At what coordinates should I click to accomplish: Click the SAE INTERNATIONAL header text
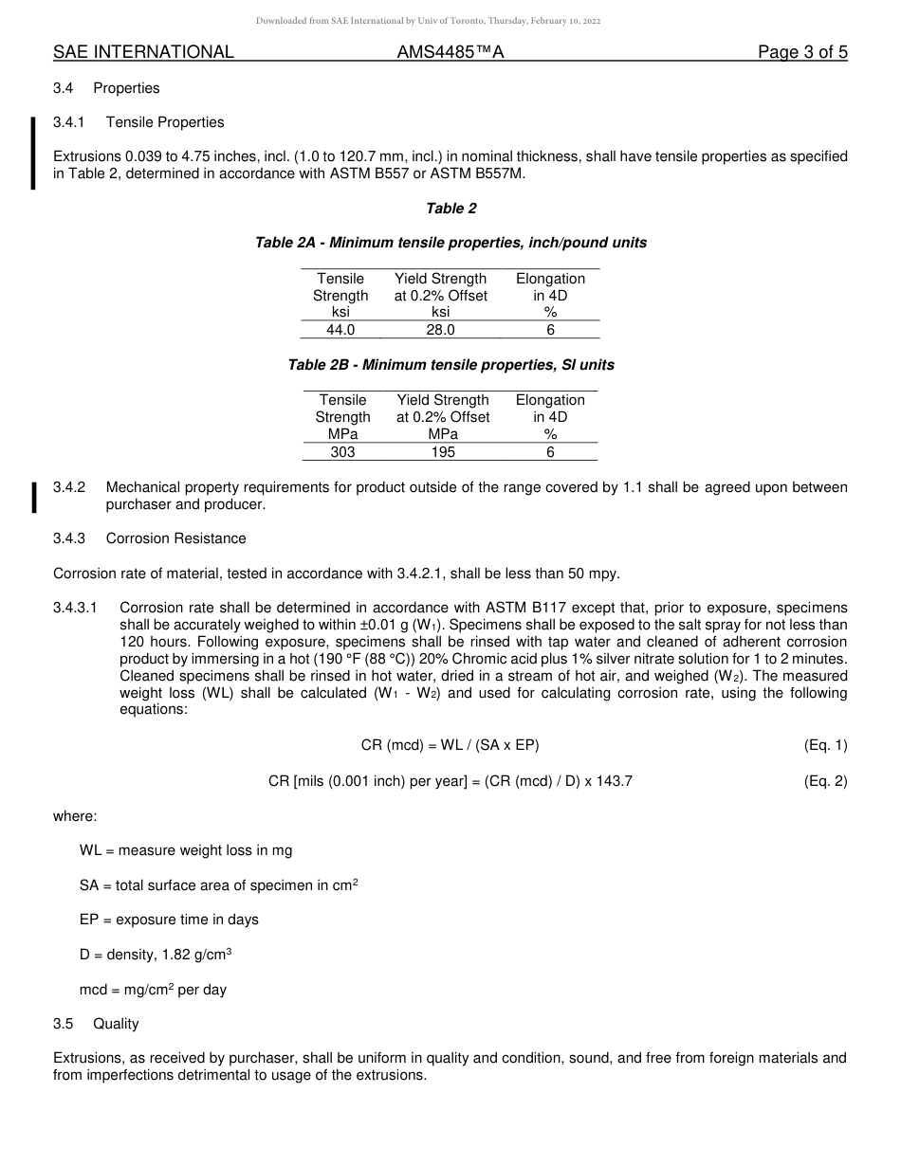coord(143,52)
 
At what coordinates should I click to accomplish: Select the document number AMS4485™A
coord(450,52)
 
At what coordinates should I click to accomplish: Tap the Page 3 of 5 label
coord(802,52)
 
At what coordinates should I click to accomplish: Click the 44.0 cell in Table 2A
coord(340,330)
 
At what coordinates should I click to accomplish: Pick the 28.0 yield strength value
coord(440,330)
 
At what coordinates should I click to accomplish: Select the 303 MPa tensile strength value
coord(342,452)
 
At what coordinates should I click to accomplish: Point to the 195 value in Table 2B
coord(443,452)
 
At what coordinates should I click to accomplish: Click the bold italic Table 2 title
coord(450,209)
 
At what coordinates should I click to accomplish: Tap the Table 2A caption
coord(450,243)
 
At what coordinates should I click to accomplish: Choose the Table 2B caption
coord(450,365)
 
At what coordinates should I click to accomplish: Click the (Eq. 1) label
coord(824,745)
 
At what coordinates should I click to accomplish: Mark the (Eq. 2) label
coord(824,781)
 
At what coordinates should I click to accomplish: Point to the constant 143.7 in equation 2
coord(612,781)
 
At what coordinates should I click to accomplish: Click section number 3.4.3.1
coord(75,608)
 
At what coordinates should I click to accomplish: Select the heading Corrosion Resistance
coord(175,538)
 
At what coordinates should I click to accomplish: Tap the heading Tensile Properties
coord(165,122)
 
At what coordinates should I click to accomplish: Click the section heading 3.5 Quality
coord(96,1024)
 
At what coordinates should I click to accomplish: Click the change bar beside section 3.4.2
coord(34,496)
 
